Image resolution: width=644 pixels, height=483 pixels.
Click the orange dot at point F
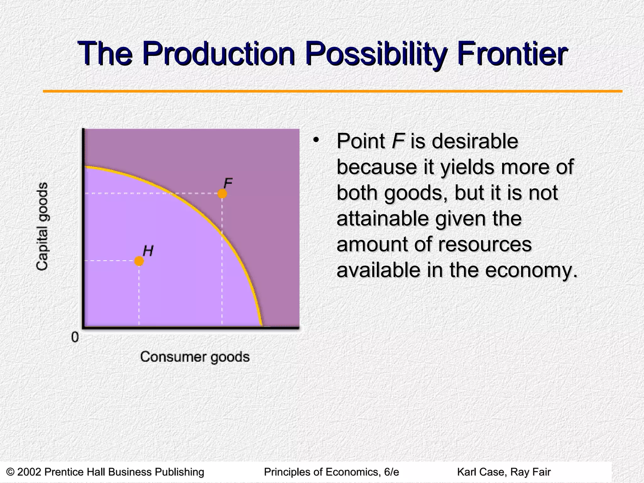[222, 194]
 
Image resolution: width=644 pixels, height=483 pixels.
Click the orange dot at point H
[139, 261]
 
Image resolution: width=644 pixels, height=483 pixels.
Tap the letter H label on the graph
[148, 251]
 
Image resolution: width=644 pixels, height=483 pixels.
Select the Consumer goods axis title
[195, 357]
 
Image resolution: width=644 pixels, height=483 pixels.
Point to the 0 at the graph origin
[75, 337]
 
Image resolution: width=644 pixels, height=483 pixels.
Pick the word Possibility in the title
[375, 54]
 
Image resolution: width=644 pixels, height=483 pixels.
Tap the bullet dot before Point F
[315, 139]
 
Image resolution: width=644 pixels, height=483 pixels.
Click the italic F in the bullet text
[397, 141]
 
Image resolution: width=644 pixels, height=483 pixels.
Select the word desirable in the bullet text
[475, 141]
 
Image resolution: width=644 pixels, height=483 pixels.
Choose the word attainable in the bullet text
[382, 218]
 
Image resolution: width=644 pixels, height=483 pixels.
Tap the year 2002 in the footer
[29, 472]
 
